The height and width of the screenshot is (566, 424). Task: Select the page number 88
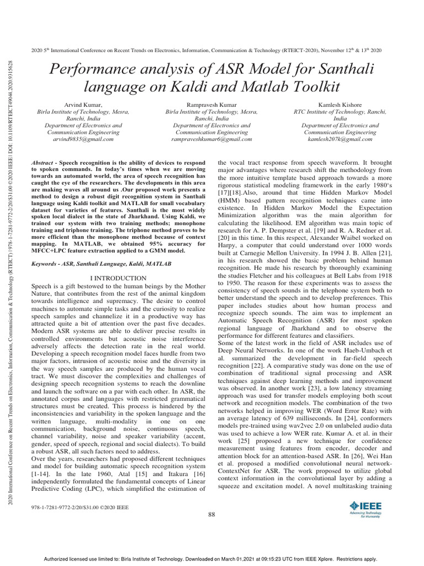coord(211,515)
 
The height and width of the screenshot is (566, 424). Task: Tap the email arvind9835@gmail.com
coord(83,140)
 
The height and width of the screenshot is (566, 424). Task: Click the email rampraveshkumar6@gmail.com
coord(211,140)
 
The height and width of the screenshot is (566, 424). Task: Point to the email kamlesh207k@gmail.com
coord(340,140)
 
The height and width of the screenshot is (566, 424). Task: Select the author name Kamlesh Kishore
coord(340,104)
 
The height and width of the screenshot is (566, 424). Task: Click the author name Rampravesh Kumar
coord(211,104)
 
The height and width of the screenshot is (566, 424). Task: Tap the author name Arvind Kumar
coord(83,104)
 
